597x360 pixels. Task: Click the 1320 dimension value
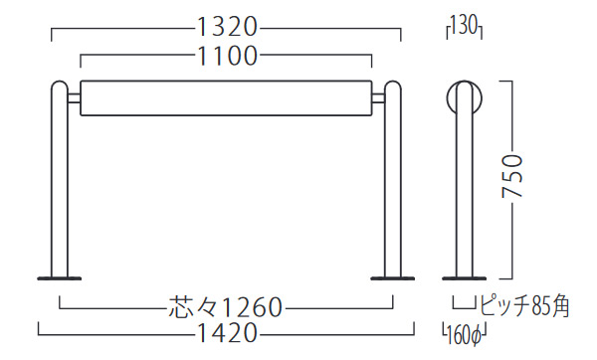227,28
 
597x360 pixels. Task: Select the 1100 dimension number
227,56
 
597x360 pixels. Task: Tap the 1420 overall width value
227,333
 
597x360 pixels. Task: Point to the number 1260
251,307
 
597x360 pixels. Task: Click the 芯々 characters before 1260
193,306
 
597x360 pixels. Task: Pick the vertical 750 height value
512,175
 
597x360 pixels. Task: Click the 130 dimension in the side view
464,27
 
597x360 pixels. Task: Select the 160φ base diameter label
464,335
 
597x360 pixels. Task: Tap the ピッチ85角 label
524,306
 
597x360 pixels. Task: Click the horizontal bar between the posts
226,97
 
